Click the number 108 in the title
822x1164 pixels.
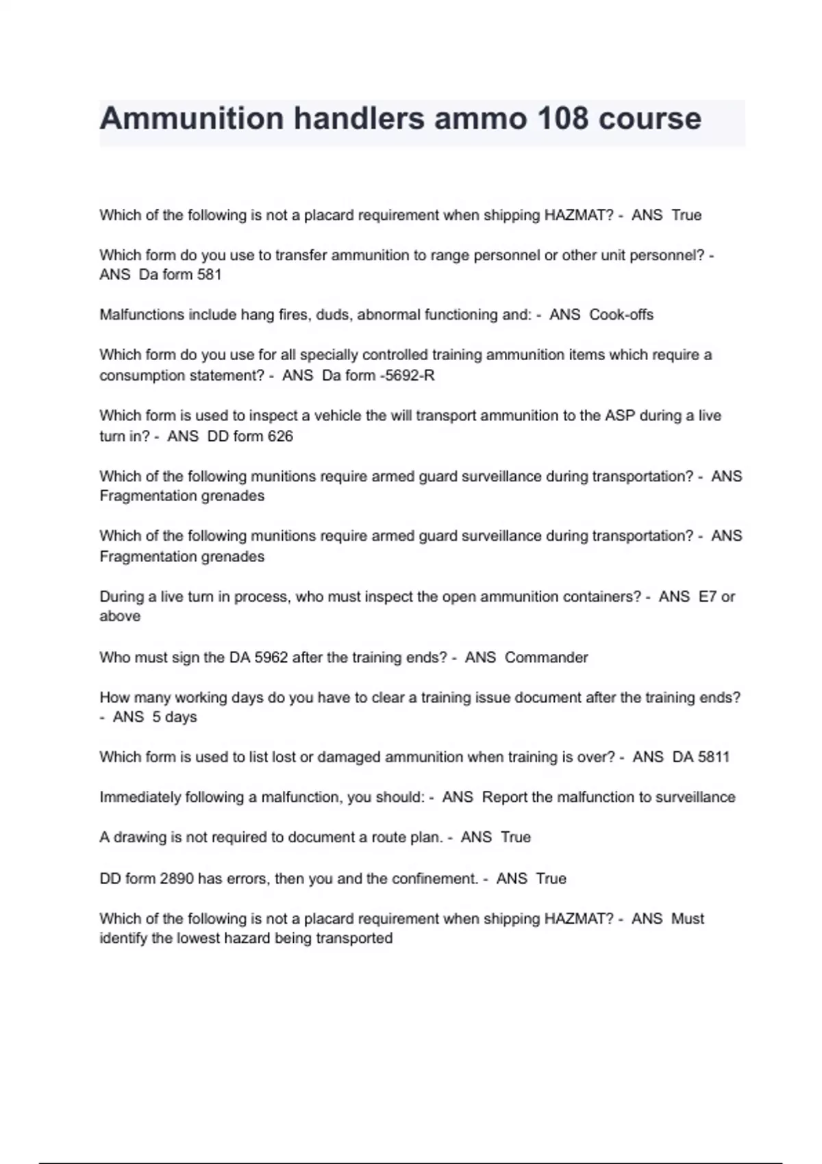562,118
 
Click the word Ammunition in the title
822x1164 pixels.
191,118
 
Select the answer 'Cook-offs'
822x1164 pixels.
621,315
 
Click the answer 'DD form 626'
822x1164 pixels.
250,436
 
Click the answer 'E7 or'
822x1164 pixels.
717,597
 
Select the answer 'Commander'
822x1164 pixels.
546,657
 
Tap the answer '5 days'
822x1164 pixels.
174,717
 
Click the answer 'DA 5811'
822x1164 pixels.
701,757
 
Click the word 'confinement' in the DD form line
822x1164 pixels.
434,878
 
